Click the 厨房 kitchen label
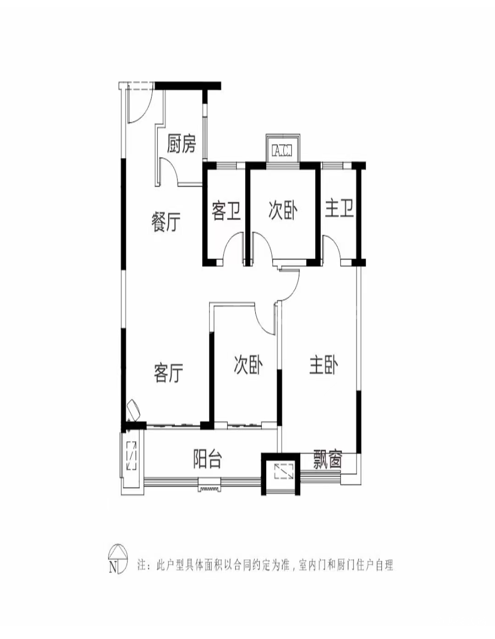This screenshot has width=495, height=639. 181,144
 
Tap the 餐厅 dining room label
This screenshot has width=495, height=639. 166,222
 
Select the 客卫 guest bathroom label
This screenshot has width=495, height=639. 226,211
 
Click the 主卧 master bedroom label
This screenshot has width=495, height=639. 324,366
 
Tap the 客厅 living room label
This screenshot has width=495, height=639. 169,372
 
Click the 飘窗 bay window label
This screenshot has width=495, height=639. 328,459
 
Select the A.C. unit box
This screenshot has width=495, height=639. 282,150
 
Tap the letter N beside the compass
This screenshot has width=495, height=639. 113,567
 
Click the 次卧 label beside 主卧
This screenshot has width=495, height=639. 248,365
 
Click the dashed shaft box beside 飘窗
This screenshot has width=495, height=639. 284,471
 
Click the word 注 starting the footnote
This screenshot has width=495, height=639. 142,565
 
